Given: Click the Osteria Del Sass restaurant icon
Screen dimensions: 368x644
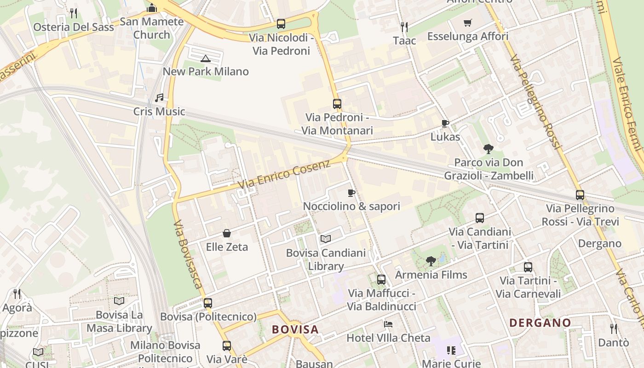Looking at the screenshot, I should [74, 13].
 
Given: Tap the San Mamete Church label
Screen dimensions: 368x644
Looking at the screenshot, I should [151, 28].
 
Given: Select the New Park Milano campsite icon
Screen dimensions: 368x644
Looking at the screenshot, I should [206, 58].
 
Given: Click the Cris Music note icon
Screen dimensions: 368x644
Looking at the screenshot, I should [159, 98].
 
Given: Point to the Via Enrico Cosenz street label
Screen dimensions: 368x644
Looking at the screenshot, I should [284, 174].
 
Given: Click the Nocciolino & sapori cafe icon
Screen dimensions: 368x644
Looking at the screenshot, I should [351, 193].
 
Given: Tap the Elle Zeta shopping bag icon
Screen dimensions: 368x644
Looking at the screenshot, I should [227, 233].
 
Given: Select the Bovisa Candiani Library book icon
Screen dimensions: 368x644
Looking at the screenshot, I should [326, 239].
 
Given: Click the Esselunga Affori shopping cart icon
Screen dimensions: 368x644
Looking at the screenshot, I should [468, 23].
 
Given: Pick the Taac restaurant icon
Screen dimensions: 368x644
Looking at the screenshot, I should [404, 27].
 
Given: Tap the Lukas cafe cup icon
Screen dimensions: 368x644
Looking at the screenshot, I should [445, 123].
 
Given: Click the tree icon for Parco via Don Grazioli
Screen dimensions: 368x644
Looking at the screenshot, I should [489, 149].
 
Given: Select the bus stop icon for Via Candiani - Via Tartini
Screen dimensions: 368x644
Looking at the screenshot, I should [480, 218].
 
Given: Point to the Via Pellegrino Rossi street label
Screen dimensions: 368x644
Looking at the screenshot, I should [536, 102].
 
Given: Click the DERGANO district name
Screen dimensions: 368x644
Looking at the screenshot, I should [540, 322].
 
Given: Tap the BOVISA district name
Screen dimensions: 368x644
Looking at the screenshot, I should [295, 329].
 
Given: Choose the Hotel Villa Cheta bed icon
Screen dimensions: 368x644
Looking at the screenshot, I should [388, 324].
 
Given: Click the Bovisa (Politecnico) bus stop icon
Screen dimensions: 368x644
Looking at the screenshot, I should [208, 303].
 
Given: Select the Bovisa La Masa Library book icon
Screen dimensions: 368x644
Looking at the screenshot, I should [119, 301].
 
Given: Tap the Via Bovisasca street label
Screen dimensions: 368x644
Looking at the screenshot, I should [188, 253].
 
